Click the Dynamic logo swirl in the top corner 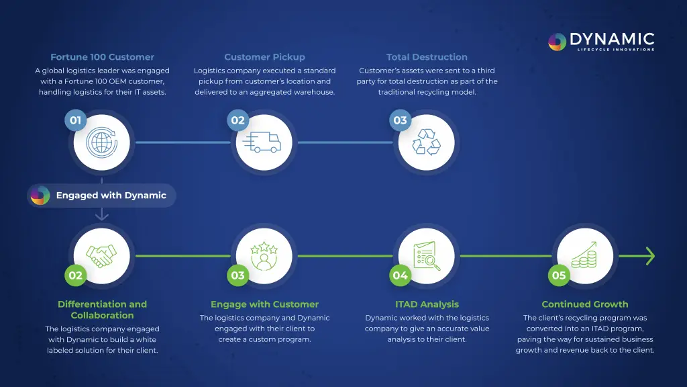coord(558,42)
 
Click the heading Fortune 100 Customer coord(102,57)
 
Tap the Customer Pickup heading coord(264,57)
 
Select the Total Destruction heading coord(427,57)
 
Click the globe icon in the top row coord(101,142)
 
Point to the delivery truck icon coord(264,142)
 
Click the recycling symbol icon coord(426,142)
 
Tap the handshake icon coord(101,256)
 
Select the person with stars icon coord(264,256)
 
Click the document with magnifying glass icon coord(426,256)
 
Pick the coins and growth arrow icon coord(585,256)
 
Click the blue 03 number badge coord(401,120)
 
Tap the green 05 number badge coord(559,275)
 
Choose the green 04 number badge coord(401,275)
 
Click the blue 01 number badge coord(76,120)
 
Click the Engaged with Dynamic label coord(111,196)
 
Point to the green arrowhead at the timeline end coord(649,256)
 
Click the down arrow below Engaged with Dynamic coord(101,215)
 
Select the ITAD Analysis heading coord(427,304)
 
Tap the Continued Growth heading coord(585,304)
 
